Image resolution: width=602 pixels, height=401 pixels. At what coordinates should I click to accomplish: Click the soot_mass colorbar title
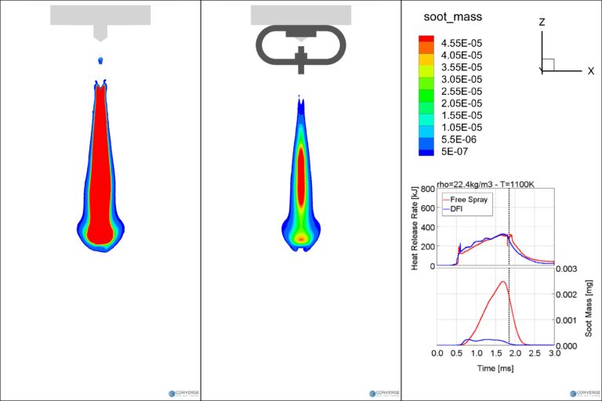point(452,16)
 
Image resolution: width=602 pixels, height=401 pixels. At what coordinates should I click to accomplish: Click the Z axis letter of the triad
point(542,23)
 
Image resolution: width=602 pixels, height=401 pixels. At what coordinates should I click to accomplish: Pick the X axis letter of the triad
point(590,70)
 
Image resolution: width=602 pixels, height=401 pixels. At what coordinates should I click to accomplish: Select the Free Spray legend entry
point(469,200)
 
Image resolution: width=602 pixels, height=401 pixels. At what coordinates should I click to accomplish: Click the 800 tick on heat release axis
point(428,189)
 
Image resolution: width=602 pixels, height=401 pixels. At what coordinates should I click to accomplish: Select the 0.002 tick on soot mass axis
point(570,294)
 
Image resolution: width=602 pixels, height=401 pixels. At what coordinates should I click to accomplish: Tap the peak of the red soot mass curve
point(502,282)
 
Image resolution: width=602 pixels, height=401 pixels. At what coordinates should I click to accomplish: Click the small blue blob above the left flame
point(100,60)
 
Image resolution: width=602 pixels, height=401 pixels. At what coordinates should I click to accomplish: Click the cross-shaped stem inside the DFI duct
point(301,58)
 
